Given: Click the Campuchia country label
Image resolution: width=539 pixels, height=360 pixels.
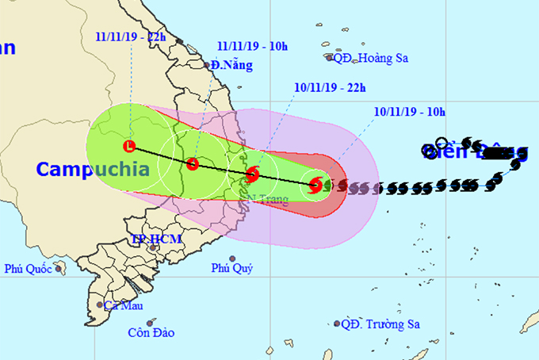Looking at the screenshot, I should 93,169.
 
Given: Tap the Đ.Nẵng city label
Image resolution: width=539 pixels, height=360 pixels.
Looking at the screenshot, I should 231,66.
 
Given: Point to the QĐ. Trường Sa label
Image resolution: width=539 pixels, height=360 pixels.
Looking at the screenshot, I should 381,324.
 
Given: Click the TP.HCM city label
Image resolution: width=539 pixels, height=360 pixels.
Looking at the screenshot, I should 156,239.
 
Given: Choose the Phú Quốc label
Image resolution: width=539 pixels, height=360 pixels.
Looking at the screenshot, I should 28,270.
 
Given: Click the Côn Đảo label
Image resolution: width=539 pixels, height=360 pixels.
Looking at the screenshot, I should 151,332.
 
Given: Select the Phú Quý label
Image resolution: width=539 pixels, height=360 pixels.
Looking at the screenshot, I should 231,270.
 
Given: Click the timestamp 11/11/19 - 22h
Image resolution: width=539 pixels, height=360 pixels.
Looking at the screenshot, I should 128,36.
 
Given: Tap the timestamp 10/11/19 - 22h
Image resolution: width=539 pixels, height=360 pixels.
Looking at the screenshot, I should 326,86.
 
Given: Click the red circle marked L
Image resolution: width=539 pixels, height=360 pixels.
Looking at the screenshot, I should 130,146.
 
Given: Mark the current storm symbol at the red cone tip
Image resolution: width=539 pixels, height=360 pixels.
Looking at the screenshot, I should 315,186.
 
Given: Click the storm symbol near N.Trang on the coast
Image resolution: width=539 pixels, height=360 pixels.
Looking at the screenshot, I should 252,174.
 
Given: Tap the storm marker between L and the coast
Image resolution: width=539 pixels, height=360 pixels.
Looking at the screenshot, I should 193,164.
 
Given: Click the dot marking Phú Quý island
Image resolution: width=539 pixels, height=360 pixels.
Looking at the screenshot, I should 232,259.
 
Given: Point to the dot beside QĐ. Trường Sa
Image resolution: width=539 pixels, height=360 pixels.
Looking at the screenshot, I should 337,324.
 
